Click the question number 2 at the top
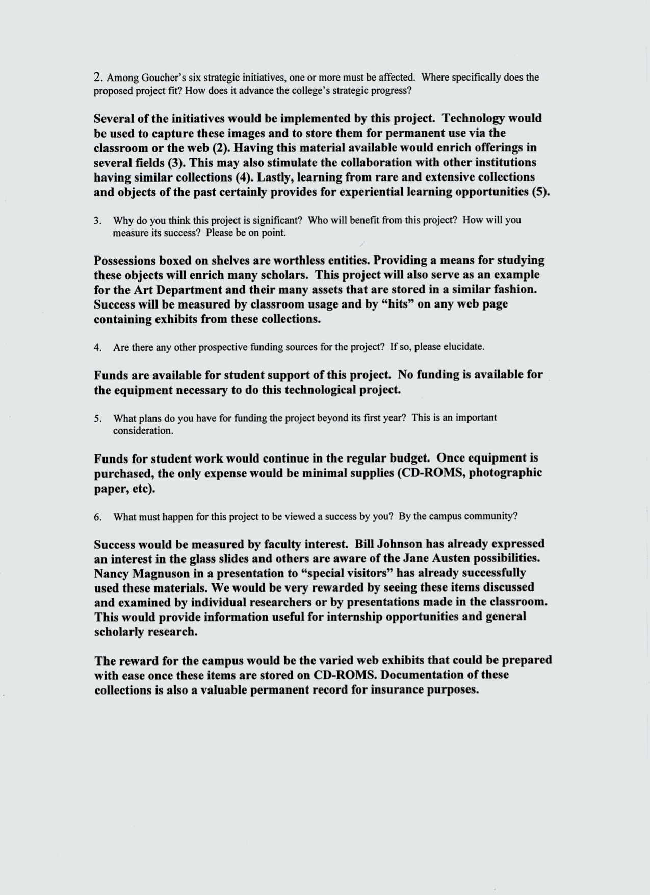98,78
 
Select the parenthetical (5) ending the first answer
540,192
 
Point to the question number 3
97,221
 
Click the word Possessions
125,260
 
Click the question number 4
97,348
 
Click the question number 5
97,419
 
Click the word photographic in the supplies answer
505,473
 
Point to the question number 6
97,517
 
